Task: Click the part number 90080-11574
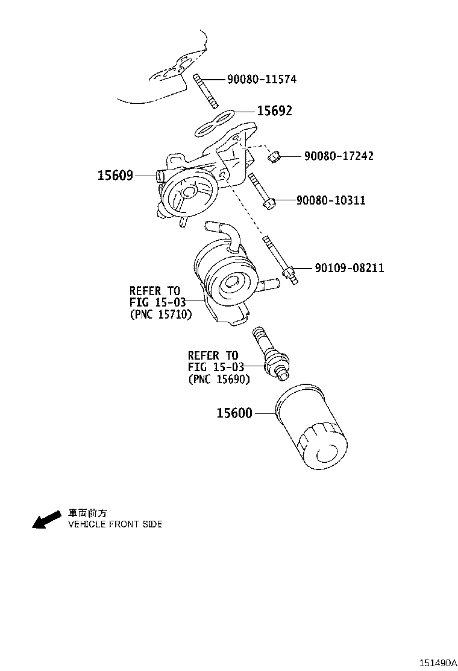coord(262,79)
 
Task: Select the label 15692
coord(274,111)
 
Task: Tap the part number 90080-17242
coord(339,156)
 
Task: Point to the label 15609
coord(115,176)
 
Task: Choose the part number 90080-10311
coord(331,200)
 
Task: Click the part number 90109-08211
coord(349,268)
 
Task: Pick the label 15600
coord(234,413)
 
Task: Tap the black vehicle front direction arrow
coord(46,520)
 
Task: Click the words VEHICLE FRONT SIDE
coord(115,524)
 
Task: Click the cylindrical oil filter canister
coord(312,427)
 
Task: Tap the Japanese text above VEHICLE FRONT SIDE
coord(87,513)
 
